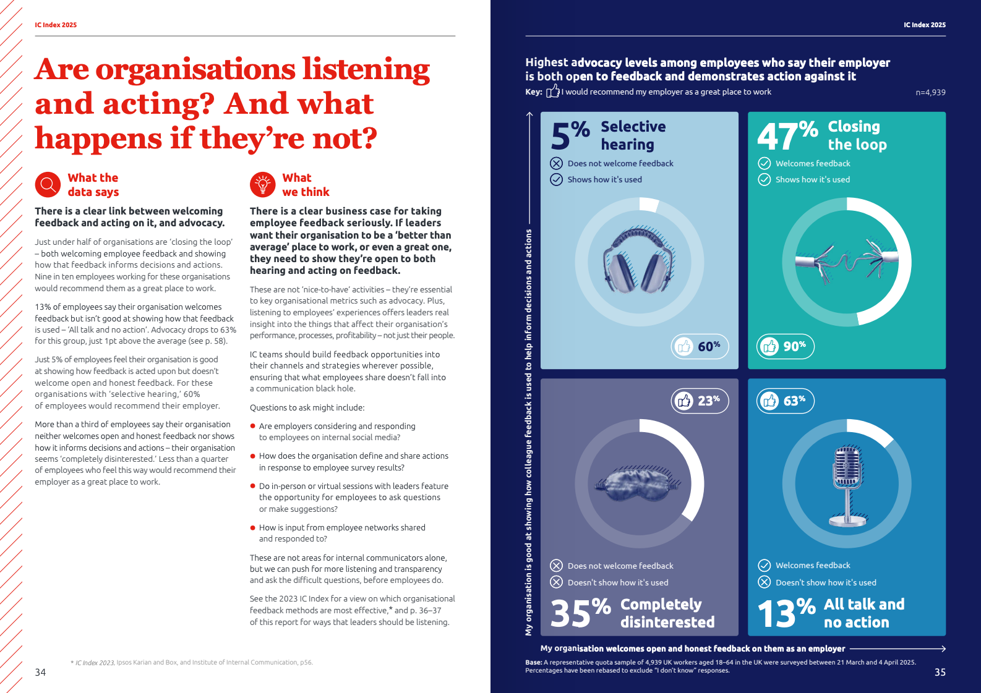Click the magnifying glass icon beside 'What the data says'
coord(47,184)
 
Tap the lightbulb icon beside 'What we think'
coord(262,184)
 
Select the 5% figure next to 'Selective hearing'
coord(570,135)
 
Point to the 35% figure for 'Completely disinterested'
coord(580,613)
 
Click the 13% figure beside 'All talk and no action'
coord(787,613)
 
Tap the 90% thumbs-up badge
coord(785,346)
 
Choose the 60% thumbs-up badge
coord(700,346)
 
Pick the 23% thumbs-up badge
coord(700,401)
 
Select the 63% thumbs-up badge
coord(785,401)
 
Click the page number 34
coord(40,672)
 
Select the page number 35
coord(940,672)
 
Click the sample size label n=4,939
coord(930,93)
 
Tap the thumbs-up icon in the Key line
coord(552,91)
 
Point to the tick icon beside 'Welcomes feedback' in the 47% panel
coord(765,163)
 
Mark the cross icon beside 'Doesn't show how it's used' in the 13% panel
coord(765,582)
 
